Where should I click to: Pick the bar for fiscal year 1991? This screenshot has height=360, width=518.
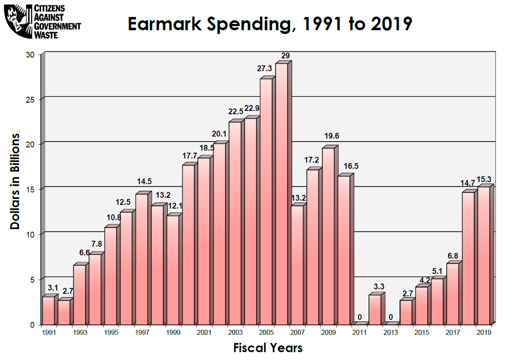coord(48,310)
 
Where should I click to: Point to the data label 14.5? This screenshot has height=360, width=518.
coord(145,181)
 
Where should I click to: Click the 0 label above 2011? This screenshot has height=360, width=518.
coord(359,317)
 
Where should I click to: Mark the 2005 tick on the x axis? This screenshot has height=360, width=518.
coord(266,332)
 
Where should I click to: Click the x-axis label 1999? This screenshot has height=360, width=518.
coord(173,332)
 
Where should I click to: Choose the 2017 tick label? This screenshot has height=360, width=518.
coord(453,332)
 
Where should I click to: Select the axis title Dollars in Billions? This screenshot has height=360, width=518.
coord(15,181)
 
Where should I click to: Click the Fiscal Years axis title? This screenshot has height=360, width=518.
coord(268,348)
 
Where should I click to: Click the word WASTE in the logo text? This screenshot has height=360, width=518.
coord(46,34)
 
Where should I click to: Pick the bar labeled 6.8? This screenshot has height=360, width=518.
coord(453,293)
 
